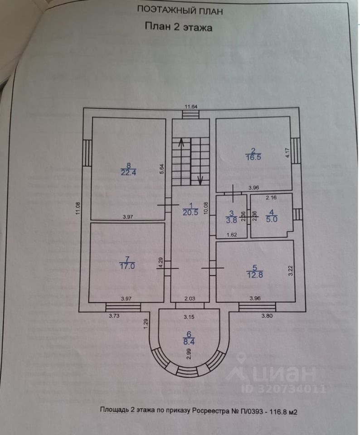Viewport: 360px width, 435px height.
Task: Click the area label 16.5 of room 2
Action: click(253, 157)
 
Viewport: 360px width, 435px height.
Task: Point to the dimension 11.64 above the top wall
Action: click(190, 106)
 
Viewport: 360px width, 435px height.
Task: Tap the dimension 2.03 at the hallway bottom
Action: click(190, 299)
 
